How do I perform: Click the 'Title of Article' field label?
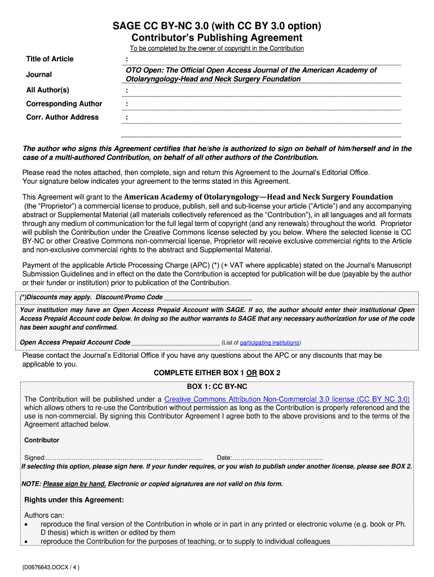point(50,59)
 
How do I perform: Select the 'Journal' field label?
point(39,74)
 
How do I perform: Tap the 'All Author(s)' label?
point(48,90)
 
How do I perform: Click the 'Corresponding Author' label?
point(64,104)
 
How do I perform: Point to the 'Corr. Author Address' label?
point(63,117)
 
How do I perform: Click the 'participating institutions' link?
point(269,343)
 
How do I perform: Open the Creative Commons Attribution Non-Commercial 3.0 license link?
point(287,399)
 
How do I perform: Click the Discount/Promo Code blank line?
point(208,298)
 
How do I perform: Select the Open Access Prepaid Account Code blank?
point(175,343)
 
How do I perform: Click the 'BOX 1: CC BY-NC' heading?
point(217,387)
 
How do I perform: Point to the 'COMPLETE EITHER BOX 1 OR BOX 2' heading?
point(217,373)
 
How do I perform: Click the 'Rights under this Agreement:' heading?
point(74,500)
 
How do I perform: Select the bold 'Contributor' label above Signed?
point(42,440)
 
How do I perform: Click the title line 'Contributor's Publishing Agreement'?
point(217,38)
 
